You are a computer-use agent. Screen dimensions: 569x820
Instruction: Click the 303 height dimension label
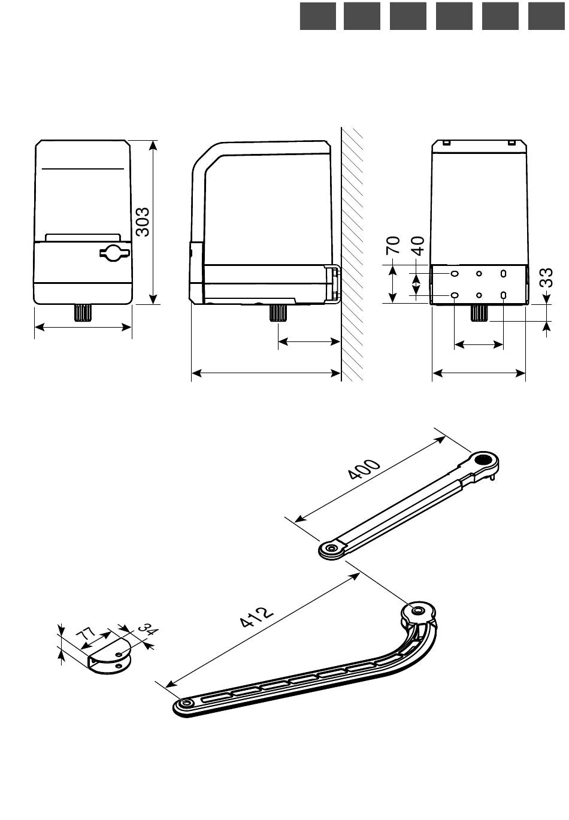[143, 222]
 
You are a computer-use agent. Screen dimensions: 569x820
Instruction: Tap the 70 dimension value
[393, 245]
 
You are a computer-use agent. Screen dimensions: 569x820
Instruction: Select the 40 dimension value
[417, 246]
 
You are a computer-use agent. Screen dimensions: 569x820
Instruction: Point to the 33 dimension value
[546, 277]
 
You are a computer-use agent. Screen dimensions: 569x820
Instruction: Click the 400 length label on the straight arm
[364, 469]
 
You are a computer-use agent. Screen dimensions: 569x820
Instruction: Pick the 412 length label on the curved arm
[256, 617]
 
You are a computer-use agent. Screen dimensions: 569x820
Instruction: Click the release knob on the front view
[114, 252]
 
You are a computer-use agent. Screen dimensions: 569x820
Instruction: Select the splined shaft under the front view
[83, 313]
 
